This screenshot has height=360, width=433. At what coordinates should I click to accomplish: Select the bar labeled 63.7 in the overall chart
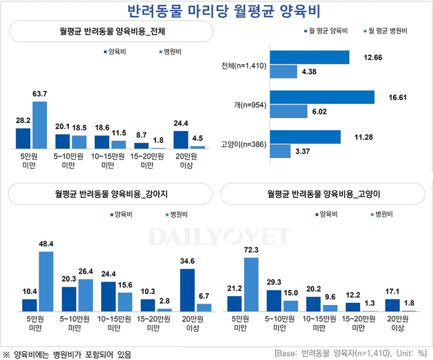tap(40, 125)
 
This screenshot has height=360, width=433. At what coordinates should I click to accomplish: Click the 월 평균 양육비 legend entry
tap(324, 32)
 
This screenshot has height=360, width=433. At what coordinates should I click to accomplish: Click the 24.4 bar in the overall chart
tap(181, 139)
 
